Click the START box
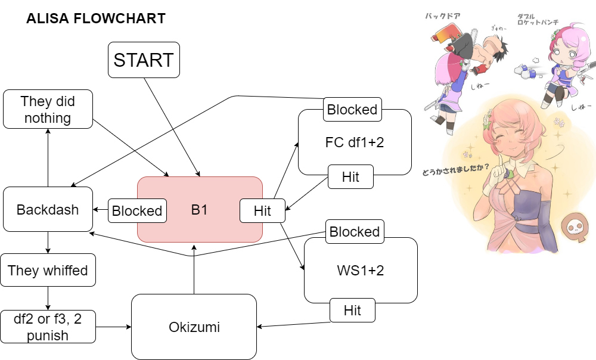click(144, 60)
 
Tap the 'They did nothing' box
click(48, 109)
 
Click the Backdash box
click(48, 209)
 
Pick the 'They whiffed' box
click(48, 271)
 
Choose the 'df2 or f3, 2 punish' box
click(48, 327)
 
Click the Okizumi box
click(194, 327)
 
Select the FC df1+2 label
click(355, 143)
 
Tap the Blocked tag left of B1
click(137, 210)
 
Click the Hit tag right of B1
click(262, 210)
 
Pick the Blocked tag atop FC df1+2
click(352, 110)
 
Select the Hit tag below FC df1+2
click(350, 177)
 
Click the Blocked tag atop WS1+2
click(355, 231)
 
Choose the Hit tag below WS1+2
click(352, 311)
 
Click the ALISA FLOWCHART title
click(96, 19)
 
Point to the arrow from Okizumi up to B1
click(193, 268)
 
